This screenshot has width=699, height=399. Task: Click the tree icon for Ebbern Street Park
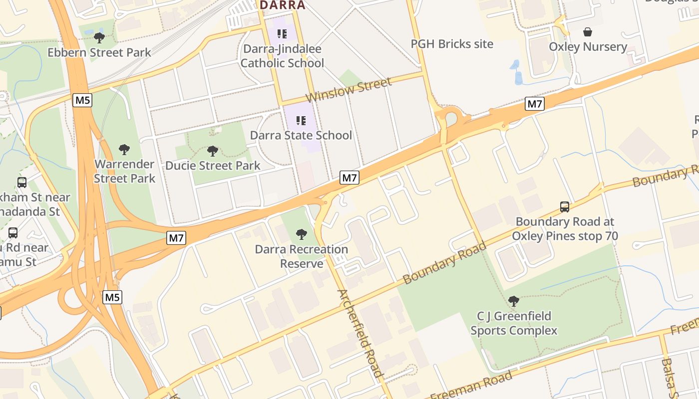tap(99, 37)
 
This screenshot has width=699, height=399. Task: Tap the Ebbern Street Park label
tap(99, 52)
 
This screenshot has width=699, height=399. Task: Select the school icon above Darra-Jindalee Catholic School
tap(282, 34)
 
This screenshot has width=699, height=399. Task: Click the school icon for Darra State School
tap(301, 120)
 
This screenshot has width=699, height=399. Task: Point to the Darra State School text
tap(301, 135)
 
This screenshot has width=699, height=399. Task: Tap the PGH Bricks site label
tap(452, 44)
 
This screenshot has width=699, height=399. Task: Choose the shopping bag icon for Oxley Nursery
tap(588, 32)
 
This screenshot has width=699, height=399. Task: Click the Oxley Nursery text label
tap(588, 47)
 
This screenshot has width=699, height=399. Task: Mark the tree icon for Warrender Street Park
tap(124, 149)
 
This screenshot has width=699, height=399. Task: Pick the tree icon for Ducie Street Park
tap(213, 151)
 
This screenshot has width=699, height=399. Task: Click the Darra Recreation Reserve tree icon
tap(301, 234)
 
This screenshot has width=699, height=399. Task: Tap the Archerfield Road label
tap(359, 333)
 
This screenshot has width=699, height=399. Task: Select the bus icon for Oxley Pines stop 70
tap(565, 206)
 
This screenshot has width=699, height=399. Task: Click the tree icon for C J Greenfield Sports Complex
tap(513, 301)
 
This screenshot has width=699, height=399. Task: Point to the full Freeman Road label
tap(471, 385)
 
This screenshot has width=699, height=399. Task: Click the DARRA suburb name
tap(282, 5)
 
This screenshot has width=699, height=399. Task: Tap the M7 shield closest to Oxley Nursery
tap(534, 104)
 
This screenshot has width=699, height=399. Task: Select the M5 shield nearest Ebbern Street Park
tap(82, 100)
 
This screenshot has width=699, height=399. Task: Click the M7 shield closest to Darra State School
tap(350, 177)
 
